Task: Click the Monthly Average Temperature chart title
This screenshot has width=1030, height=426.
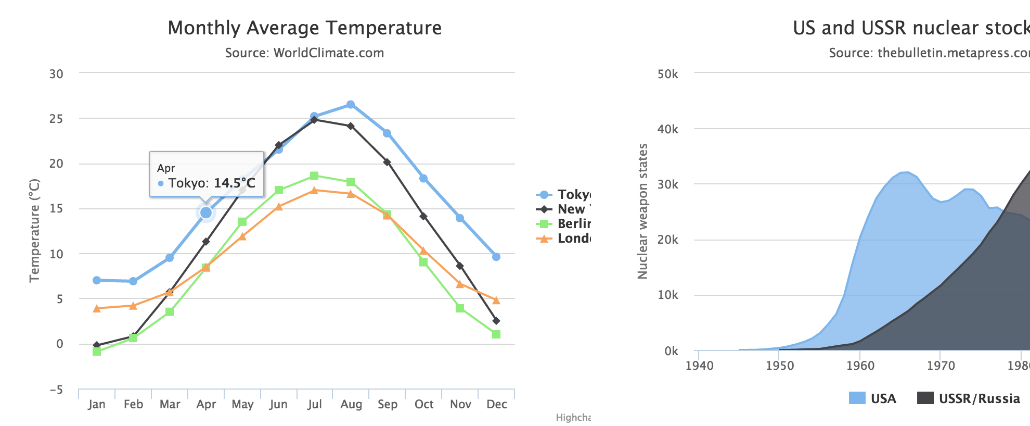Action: click(x=304, y=28)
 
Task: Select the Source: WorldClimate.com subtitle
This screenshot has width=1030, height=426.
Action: click(x=304, y=53)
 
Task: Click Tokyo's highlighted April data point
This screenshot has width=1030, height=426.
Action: click(x=206, y=212)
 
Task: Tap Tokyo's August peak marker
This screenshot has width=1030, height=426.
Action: click(x=351, y=105)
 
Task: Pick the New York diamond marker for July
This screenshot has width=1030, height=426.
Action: click(x=314, y=120)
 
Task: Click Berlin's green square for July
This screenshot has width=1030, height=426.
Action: click(x=314, y=176)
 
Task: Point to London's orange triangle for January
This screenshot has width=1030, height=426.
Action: click(x=97, y=308)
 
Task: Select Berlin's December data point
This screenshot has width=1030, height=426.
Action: click(x=496, y=334)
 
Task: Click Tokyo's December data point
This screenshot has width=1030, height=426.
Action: click(x=496, y=257)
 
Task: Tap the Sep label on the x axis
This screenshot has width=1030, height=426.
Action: click(x=388, y=405)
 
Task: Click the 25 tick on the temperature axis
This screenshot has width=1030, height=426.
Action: click(x=56, y=119)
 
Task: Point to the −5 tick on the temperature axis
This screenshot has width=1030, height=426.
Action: click(x=56, y=390)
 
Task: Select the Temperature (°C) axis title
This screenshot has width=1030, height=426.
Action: click(x=34, y=230)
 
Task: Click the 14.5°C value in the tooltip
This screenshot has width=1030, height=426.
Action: click(x=235, y=183)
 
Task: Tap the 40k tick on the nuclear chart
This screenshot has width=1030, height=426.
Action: click(x=668, y=129)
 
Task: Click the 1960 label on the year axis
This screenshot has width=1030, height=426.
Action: click(x=860, y=366)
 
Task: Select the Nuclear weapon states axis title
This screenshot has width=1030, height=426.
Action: click(x=643, y=211)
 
